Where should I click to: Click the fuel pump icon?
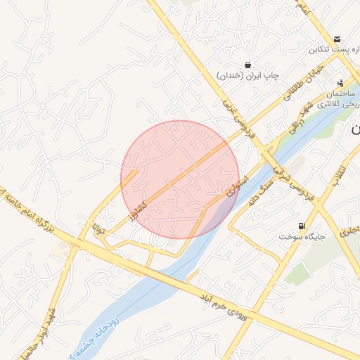pos(302,226)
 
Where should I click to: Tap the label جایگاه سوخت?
pos(302,237)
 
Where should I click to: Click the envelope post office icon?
pos(337,39)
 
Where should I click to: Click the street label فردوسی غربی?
pos(240,117)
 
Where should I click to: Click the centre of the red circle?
pos(180,179)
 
